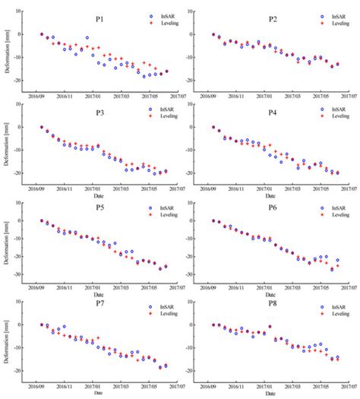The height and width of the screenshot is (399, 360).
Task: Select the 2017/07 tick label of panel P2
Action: (349, 97)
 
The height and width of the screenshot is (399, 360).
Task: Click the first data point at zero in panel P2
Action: (213, 34)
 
